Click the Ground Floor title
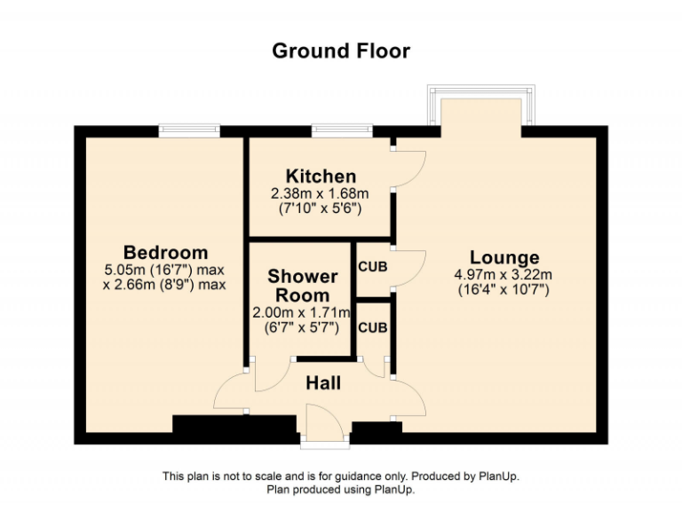pyautogui.click(x=341, y=51)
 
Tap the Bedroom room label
pyautogui.click(x=165, y=253)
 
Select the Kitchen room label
pyautogui.click(x=320, y=176)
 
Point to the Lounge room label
pyautogui.click(x=504, y=258)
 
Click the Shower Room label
pyautogui.click(x=302, y=286)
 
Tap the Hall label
pyautogui.click(x=323, y=383)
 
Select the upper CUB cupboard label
pyautogui.click(x=372, y=265)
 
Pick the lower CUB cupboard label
pyautogui.click(x=372, y=326)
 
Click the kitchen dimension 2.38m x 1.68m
pyautogui.click(x=320, y=193)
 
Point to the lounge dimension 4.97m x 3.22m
pyautogui.click(x=504, y=275)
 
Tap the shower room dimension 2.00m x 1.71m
pyautogui.click(x=302, y=312)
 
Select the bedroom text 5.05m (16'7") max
pyautogui.click(x=165, y=270)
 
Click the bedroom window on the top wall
pyautogui.click(x=189, y=130)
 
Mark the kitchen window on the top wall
pyautogui.click(x=342, y=130)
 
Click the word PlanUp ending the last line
pyautogui.click(x=395, y=489)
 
